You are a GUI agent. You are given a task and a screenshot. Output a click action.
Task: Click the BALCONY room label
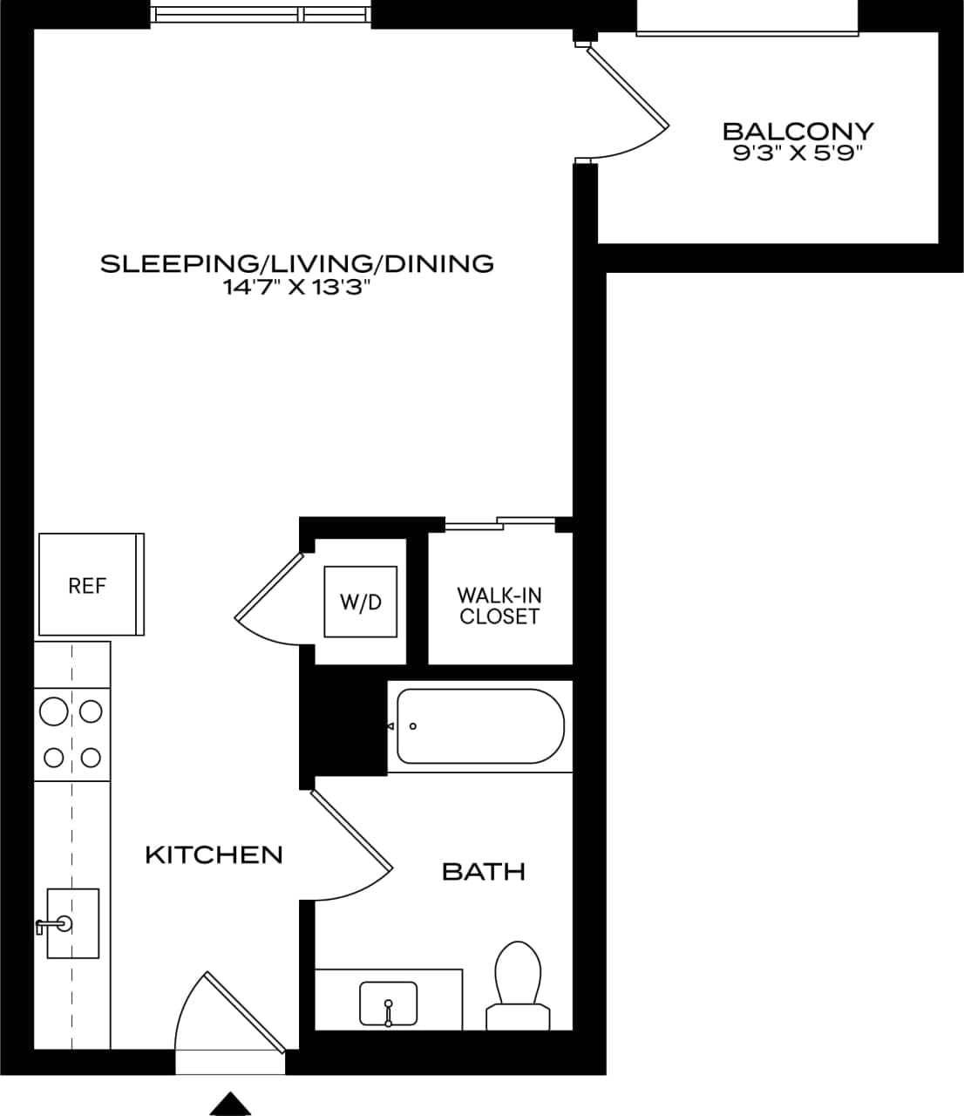pos(798,132)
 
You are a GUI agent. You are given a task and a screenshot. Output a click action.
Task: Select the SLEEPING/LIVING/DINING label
pos(297,263)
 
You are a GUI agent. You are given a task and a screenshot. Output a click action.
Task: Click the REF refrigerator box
pos(89,585)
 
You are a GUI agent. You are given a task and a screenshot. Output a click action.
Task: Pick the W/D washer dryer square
pos(361,602)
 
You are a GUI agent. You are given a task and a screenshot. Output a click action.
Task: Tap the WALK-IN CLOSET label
pos(499,606)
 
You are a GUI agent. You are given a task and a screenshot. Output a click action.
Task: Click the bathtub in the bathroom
pos(480,726)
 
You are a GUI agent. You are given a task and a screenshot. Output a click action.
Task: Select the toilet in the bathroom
pos(518,985)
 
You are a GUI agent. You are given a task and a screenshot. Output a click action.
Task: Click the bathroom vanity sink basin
pos(388,1004)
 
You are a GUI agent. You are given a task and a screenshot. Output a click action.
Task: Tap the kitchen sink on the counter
pos(71,923)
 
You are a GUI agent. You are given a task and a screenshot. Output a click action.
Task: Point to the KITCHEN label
pos(214,854)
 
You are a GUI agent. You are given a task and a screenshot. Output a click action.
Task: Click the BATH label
pos(484,871)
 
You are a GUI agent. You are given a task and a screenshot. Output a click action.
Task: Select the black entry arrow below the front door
pos(230,1104)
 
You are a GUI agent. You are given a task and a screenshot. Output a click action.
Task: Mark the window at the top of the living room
pos(261,15)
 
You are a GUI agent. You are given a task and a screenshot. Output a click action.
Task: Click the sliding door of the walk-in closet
pos(499,524)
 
